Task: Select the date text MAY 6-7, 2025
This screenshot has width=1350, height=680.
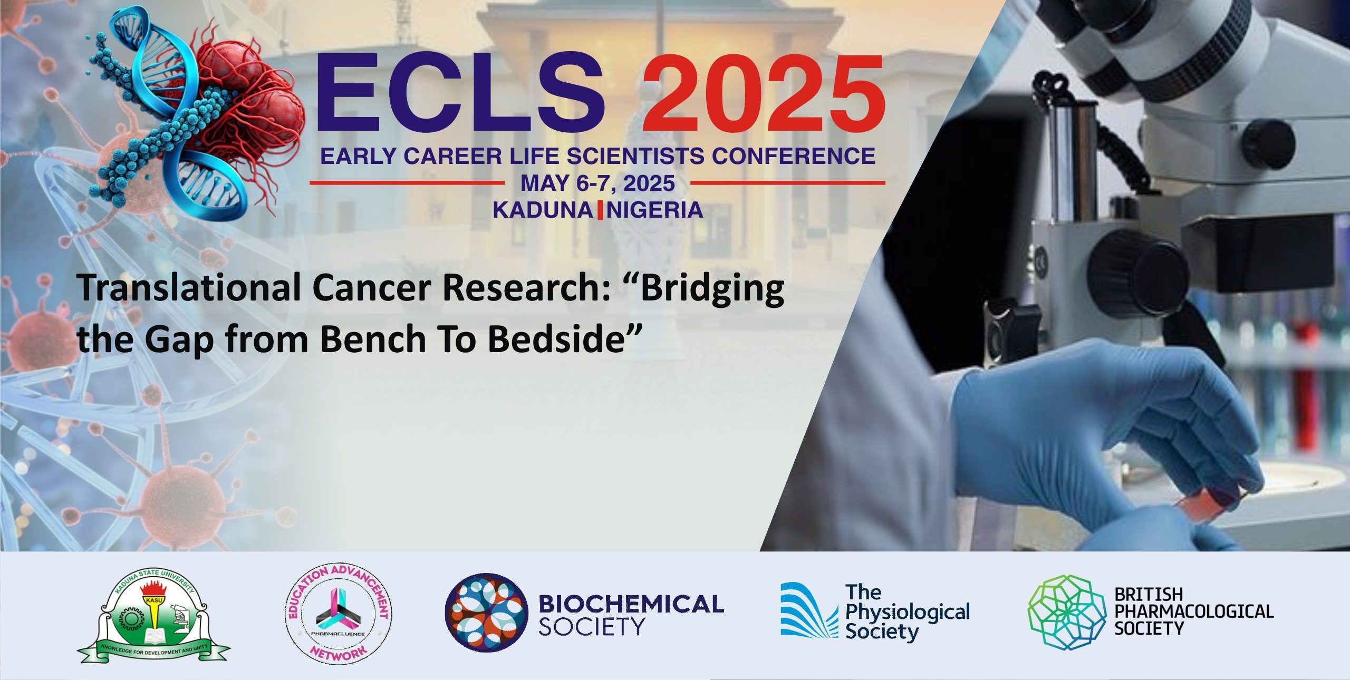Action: point(597,183)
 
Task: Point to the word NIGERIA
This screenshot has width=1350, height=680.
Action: point(655,210)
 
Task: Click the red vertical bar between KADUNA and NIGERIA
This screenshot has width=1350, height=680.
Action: point(600,210)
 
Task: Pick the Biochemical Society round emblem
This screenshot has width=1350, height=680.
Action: point(486,613)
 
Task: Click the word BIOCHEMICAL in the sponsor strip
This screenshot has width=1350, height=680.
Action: point(631,604)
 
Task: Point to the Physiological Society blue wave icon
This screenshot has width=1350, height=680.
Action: point(809,610)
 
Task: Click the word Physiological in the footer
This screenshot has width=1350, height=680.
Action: point(908,613)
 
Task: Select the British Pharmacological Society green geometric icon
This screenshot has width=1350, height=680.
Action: point(1066,612)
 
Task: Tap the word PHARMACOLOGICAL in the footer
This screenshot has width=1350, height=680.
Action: point(1194,611)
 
